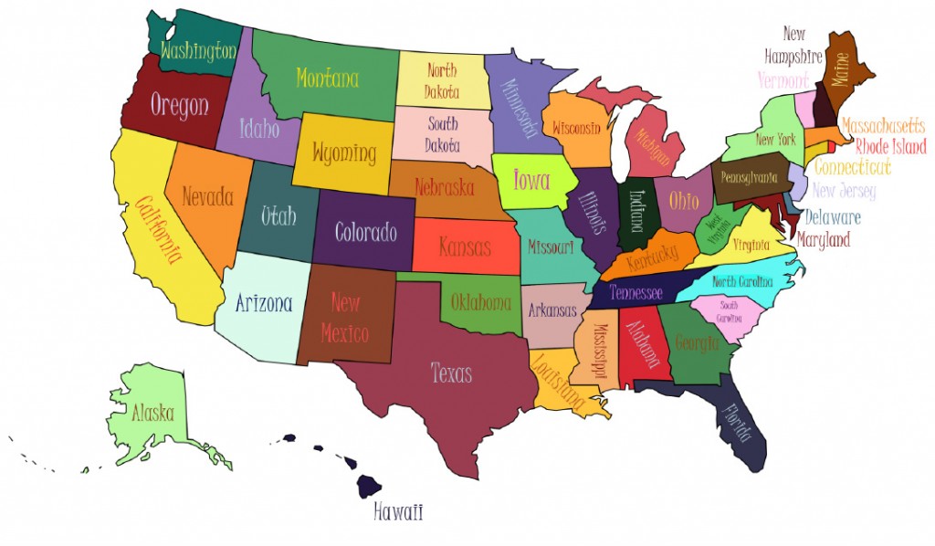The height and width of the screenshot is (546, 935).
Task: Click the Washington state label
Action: pos(198,51)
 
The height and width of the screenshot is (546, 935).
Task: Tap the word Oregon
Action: pos(179,105)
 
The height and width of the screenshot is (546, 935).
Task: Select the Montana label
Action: pos(327,79)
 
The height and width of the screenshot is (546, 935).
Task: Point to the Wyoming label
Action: pos(343,152)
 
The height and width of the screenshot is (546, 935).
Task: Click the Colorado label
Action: pos(365,232)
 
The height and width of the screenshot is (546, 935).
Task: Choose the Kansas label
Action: pos(464,247)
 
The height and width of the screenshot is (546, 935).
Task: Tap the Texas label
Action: pos(451,373)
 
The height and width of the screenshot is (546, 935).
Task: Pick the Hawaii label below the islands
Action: pos(398,512)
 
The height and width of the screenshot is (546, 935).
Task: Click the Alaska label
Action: pos(152,413)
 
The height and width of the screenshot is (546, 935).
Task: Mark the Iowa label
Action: pos(531,180)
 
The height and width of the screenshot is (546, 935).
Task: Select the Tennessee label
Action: pos(636,293)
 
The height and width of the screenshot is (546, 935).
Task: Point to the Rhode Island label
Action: pos(890,147)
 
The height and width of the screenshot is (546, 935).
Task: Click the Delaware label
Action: pos(832,218)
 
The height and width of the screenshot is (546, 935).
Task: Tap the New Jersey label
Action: pos(843,191)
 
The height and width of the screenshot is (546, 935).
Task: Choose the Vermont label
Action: pos(783,80)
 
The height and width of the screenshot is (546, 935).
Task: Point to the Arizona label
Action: pos(264,303)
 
